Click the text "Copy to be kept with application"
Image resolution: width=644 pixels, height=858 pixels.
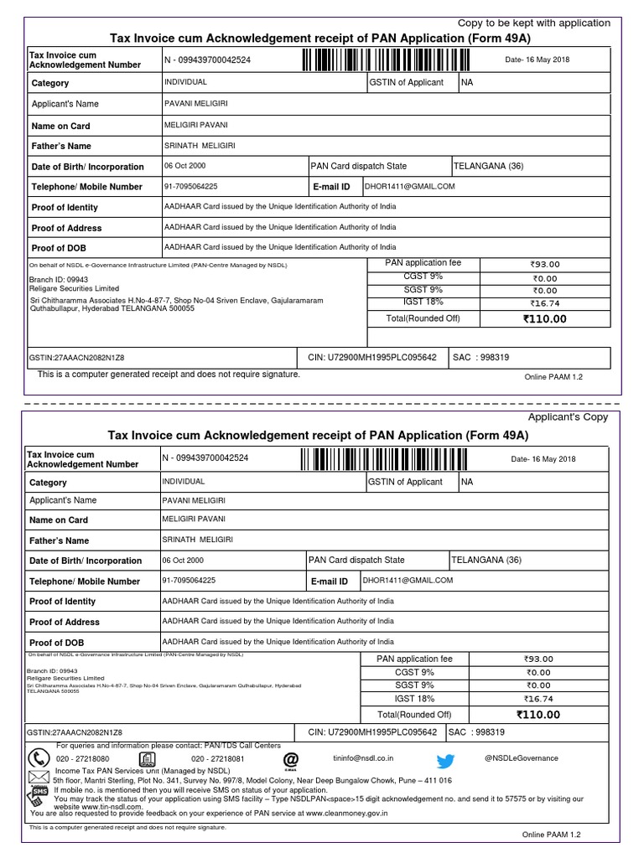533,23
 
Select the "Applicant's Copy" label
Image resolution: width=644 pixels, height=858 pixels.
568,416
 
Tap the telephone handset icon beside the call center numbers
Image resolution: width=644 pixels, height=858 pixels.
39,758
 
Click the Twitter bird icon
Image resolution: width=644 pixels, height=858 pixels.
445,760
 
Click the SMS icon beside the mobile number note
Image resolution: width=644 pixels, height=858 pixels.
39,792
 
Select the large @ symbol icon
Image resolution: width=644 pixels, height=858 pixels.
290,757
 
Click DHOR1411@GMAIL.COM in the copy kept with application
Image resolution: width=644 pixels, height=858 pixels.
410,186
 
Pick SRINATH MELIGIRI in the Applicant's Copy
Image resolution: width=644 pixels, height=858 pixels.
197,540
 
